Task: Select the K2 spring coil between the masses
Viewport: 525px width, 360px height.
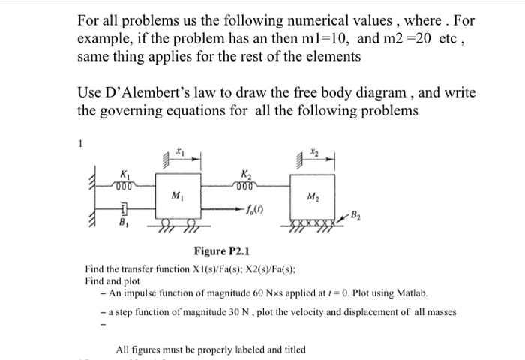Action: point(248,186)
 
